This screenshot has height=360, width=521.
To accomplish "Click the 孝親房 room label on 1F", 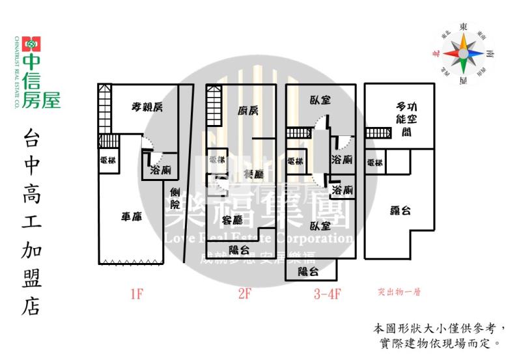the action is tap(147, 108).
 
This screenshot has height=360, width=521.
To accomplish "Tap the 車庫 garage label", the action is tap(132, 217).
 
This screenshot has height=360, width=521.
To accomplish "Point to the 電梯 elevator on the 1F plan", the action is tap(108, 161).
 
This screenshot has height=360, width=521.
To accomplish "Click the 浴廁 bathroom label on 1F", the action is tap(160, 171).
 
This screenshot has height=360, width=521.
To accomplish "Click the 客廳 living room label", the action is tap(232, 219).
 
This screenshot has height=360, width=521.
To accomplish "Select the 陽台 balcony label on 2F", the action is tap(240, 249).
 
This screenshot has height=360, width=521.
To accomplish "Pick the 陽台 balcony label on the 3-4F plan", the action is tap(307, 272).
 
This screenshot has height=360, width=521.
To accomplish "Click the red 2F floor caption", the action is tap(244, 294).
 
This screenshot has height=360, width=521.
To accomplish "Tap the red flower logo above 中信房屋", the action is tap(31, 44).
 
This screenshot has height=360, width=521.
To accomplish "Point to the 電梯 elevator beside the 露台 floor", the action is tap(374, 163).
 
